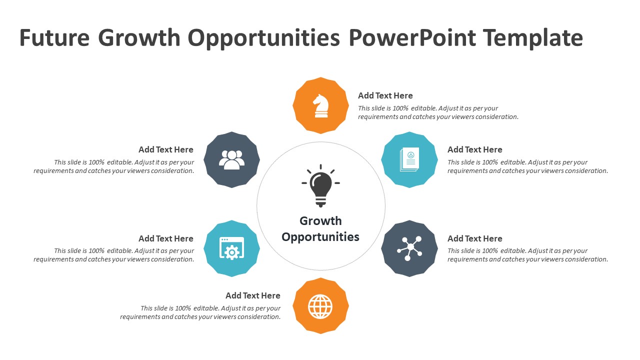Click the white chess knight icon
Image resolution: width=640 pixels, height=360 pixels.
click(321, 105)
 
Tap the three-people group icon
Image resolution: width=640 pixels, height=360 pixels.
click(231, 160)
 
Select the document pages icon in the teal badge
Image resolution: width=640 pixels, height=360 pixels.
click(409, 159)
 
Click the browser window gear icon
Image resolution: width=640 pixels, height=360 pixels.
click(231, 248)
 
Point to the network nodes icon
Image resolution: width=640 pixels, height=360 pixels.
click(409, 248)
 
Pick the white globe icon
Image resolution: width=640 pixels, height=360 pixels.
click(320, 306)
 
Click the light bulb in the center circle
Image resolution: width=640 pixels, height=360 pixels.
click(320, 185)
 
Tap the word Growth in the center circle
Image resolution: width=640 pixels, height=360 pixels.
click(320, 221)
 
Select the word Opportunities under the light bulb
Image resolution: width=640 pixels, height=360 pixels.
click(320, 237)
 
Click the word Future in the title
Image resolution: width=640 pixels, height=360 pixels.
click(54, 37)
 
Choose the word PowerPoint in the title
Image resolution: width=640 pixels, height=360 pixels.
click(412, 37)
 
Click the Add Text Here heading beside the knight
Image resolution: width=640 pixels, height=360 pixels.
click(385, 95)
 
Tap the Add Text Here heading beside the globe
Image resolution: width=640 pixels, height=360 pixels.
click(253, 295)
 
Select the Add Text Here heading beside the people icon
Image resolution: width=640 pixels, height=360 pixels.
click(166, 149)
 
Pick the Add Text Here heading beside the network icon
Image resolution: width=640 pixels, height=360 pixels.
click(475, 238)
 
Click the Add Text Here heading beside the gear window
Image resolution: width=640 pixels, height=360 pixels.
click(166, 238)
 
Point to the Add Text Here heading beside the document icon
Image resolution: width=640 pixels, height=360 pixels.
click(475, 149)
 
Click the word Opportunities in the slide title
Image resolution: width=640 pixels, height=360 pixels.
click(263, 38)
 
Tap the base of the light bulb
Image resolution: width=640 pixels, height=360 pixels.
click(320, 201)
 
